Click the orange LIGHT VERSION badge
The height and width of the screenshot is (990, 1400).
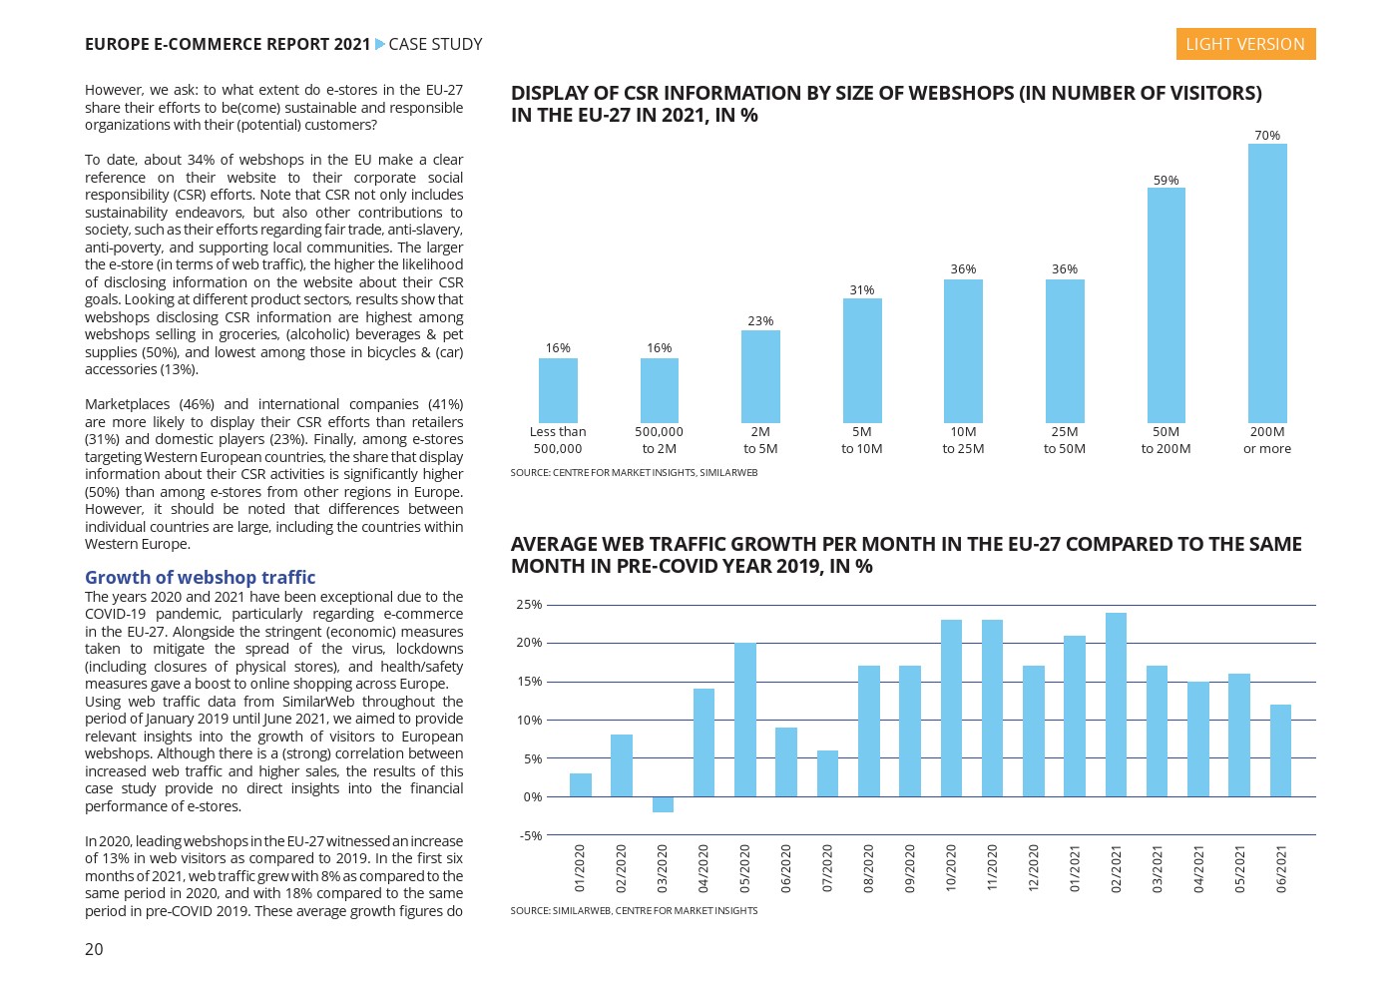(x=1244, y=44)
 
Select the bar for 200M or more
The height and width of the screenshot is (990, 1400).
(x=1267, y=283)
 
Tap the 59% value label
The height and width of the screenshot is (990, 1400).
(x=1166, y=181)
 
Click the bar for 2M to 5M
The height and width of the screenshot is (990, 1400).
(x=760, y=376)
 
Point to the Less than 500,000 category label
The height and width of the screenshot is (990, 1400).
(x=558, y=440)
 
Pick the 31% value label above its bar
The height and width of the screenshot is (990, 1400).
(x=861, y=290)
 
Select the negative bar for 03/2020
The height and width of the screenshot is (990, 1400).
(x=663, y=804)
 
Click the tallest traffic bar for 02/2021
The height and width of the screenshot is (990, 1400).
(x=1116, y=705)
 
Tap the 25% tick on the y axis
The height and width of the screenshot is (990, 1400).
(x=529, y=605)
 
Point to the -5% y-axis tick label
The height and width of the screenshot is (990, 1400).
(x=530, y=835)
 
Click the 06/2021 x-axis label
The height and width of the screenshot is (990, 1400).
(x=1281, y=868)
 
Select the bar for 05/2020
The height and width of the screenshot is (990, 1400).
(x=744, y=720)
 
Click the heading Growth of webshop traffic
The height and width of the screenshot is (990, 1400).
(x=200, y=577)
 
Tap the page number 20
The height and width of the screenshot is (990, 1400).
(x=94, y=949)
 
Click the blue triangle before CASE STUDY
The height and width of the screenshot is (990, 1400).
(x=379, y=44)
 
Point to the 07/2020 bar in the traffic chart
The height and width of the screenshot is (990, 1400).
(x=827, y=773)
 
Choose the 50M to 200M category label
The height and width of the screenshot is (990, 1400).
(x=1166, y=440)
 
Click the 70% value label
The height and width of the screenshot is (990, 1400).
(x=1267, y=136)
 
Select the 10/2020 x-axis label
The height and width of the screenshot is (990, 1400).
(x=951, y=868)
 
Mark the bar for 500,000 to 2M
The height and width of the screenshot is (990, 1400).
(x=659, y=390)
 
